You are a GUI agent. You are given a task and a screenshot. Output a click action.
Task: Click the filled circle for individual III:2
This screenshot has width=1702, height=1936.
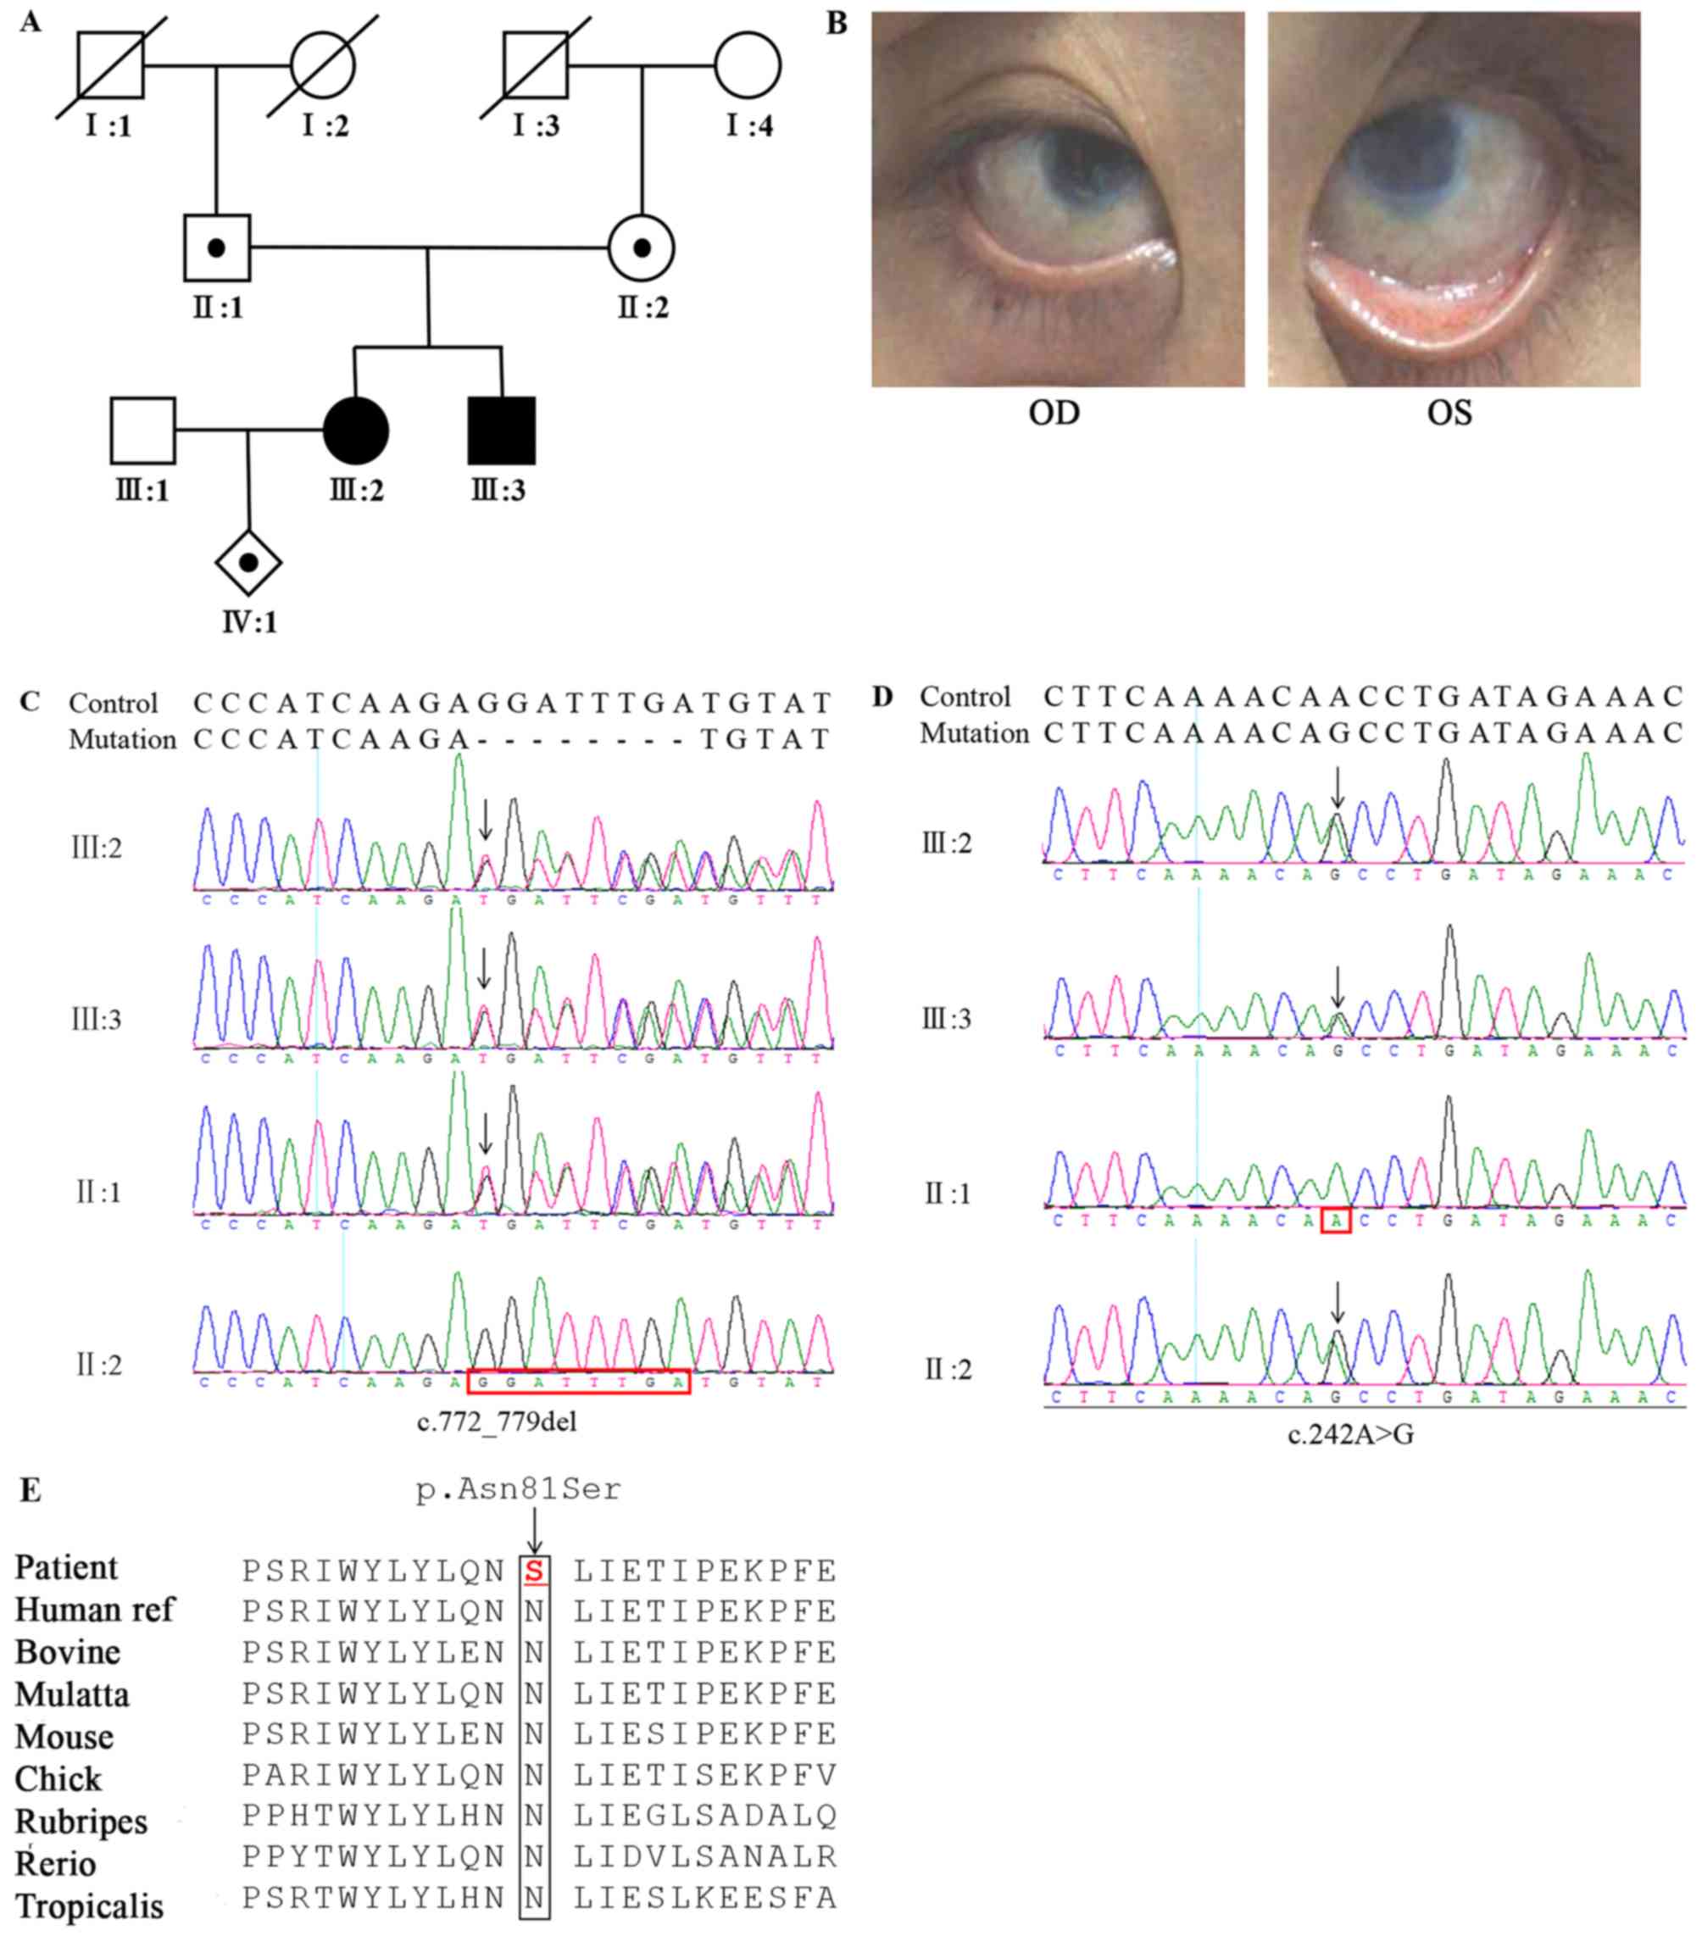click(x=356, y=431)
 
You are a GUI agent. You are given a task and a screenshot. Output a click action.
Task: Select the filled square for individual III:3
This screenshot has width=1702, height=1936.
click(x=501, y=431)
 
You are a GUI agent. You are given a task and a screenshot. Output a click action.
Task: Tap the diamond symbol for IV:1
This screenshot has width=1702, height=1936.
click(x=248, y=563)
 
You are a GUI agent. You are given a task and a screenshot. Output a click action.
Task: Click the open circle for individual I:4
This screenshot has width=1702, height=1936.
click(x=748, y=66)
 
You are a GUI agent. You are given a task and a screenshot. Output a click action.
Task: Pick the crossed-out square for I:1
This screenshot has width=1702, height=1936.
click(x=111, y=66)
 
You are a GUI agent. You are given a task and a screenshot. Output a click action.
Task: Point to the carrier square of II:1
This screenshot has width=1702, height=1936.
click(x=217, y=248)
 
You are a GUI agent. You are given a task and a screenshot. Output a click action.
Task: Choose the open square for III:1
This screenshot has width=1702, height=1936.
click(x=143, y=431)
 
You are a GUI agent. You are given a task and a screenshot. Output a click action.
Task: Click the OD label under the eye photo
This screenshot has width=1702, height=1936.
click(x=1054, y=414)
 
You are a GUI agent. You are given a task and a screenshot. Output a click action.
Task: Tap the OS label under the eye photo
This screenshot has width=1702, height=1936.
click(x=1449, y=414)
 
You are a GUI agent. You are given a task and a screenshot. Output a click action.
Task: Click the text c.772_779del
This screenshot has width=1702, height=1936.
click(x=498, y=1421)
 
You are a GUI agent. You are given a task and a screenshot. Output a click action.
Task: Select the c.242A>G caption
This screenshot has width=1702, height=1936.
click(x=1350, y=1435)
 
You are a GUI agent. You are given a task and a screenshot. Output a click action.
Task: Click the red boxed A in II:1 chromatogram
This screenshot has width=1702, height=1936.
click(x=1336, y=1221)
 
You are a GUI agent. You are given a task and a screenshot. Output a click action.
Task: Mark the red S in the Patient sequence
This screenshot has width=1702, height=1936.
click(x=534, y=1572)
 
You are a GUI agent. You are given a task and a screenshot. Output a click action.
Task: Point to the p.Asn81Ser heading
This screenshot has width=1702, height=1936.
click(x=519, y=1490)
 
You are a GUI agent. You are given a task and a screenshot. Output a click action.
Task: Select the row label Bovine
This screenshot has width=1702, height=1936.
click(x=68, y=1653)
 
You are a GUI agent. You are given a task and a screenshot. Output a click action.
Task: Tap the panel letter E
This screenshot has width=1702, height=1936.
click(x=31, y=1491)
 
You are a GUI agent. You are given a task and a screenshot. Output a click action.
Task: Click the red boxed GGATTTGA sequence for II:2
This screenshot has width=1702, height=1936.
click(x=579, y=1382)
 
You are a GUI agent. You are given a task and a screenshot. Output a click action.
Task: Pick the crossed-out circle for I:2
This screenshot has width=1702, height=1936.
click(x=323, y=66)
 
